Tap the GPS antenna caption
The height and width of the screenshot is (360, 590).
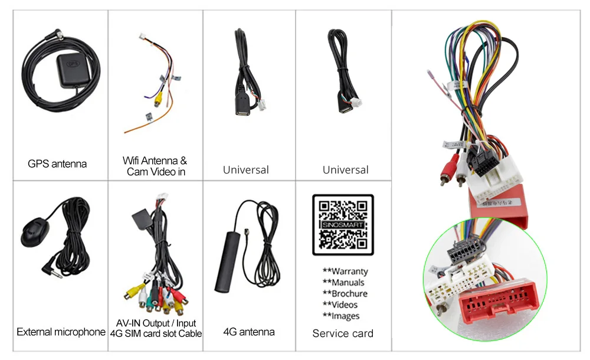pos(57,163)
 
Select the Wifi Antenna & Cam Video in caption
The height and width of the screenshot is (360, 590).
pos(155,166)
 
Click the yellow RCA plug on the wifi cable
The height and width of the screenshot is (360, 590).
pos(158,101)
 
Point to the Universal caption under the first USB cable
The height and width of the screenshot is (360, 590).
pos(245,170)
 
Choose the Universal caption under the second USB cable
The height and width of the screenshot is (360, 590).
pos(345,170)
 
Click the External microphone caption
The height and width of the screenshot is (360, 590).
pos(61,332)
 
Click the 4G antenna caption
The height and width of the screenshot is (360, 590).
pos(249,332)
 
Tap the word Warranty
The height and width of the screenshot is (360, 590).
pos(345,271)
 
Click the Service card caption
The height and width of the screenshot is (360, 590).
pos(343,333)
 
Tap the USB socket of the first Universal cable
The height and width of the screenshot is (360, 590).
pos(243,110)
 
